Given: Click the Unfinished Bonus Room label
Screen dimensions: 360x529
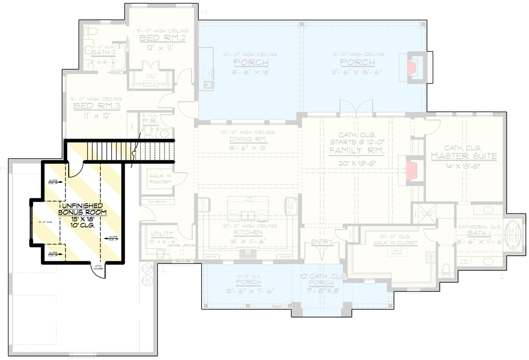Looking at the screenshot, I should click(82, 208).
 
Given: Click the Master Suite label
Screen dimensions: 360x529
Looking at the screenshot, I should click(464, 156).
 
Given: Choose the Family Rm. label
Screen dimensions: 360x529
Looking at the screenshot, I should click(356, 151).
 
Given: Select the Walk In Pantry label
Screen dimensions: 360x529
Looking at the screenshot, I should click(161, 179).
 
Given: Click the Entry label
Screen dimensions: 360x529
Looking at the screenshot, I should click(322, 242).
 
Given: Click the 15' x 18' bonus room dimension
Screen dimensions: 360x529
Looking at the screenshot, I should click(82, 219).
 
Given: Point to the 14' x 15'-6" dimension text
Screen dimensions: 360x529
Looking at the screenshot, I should click(464, 166).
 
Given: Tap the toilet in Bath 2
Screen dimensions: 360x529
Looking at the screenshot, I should click(90, 32).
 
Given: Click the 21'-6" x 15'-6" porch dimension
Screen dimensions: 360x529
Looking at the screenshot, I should click(357, 72).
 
